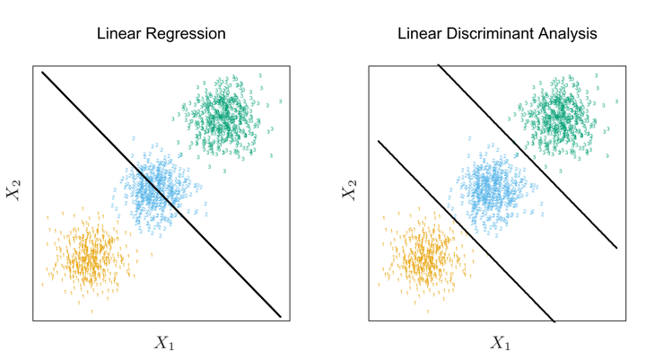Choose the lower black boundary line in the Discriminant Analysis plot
click(x=467, y=232)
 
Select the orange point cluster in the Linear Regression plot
click(x=90, y=256)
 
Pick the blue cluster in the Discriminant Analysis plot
click(x=492, y=187)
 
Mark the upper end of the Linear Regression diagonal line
click(x=42, y=74)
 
